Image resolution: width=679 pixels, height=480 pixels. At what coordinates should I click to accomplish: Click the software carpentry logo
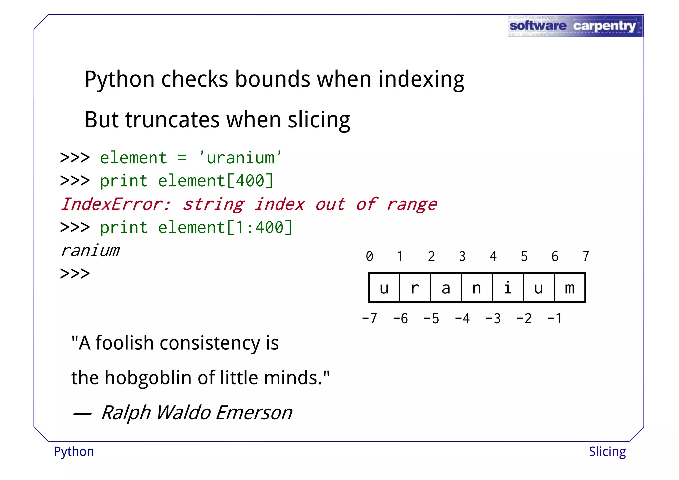575,26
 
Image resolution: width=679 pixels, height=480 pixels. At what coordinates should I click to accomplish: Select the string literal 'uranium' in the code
240,158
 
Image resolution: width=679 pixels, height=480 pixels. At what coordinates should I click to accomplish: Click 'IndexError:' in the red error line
116,204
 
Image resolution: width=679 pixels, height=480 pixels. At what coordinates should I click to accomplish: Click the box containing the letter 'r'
415,288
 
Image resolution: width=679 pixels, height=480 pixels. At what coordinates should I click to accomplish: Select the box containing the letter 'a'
446,288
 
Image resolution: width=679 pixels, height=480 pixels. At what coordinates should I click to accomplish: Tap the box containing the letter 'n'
477,288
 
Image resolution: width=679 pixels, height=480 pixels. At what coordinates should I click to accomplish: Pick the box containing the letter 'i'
508,288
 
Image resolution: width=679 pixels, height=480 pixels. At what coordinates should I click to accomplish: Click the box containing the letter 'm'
570,288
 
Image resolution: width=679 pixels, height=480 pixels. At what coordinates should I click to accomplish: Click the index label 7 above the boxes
586,256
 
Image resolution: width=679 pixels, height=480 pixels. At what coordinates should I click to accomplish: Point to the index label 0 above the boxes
369,256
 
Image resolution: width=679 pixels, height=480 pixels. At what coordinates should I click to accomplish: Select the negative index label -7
369,319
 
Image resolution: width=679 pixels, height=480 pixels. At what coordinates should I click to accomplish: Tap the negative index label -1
554,319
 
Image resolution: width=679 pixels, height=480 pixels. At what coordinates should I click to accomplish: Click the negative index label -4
462,319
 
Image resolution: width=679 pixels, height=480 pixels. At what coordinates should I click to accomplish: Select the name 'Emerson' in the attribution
254,413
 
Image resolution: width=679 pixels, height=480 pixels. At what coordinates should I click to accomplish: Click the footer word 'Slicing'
607,452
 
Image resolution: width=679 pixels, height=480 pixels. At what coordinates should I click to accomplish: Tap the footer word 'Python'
74,452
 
